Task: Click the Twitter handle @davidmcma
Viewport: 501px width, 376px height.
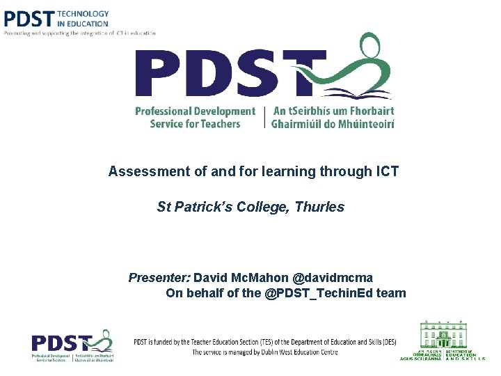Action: (333, 278)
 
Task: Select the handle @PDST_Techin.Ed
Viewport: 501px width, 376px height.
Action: (319, 293)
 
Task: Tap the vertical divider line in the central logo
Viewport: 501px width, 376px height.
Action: (264, 117)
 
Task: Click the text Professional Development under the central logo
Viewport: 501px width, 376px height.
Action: (195, 111)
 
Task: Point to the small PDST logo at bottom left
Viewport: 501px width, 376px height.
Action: (72, 345)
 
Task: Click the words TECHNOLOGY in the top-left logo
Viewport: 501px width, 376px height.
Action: (83, 13)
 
